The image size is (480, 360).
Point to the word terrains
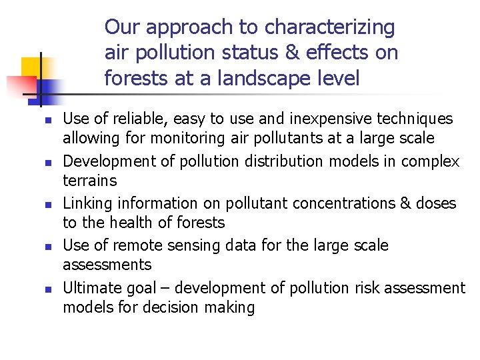point(89,181)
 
